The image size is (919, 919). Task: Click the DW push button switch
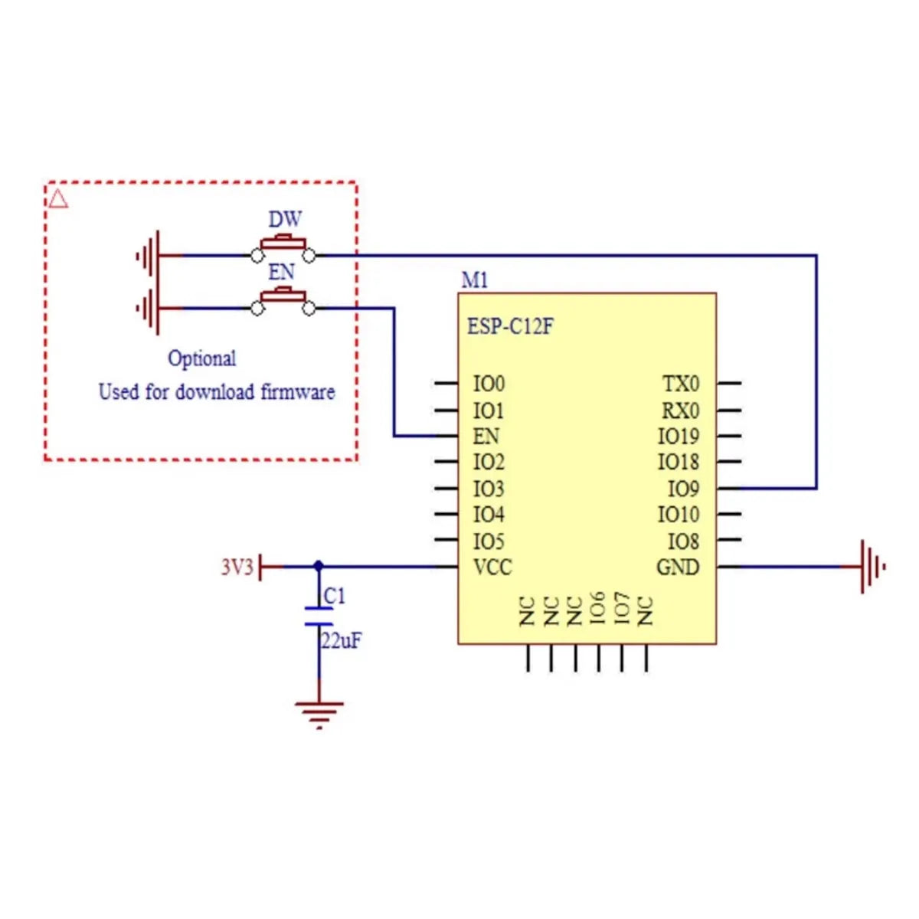click(283, 247)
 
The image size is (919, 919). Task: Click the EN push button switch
click(283, 300)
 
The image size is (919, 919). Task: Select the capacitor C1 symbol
click(319, 616)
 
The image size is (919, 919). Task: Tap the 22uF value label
click(341, 641)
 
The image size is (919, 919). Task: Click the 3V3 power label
click(237, 567)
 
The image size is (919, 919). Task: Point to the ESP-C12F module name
click(510, 326)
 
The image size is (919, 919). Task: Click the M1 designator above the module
click(474, 280)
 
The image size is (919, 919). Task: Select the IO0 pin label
click(489, 383)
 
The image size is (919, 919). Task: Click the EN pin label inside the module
click(486, 437)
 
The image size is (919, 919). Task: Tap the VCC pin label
click(492, 567)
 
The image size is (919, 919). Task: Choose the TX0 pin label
click(681, 383)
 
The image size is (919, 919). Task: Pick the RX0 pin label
click(681, 410)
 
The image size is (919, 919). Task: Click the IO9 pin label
click(683, 489)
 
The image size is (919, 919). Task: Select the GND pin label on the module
click(678, 567)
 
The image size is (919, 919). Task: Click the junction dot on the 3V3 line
click(319, 566)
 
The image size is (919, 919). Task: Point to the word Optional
click(201, 358)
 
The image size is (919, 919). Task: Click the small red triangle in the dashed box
click(58, 199)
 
